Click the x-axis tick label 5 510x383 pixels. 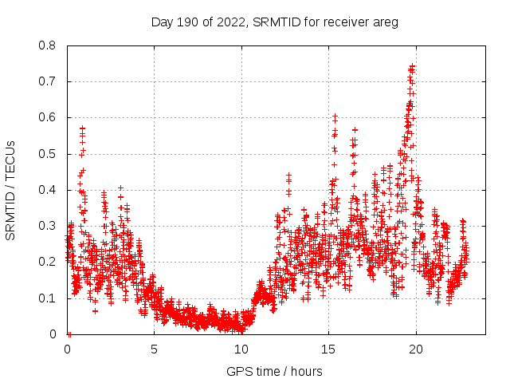(155, 349)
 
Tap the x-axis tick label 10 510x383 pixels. (241, 349)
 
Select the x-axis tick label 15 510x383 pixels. (328, 349)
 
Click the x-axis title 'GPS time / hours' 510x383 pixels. (274, 371)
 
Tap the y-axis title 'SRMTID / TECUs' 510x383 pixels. (11, 190)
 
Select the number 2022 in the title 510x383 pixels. (230, 22)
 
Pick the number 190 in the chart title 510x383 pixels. (188, 22)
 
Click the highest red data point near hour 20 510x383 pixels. (412, 66)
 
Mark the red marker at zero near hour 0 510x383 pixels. (69, 334)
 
